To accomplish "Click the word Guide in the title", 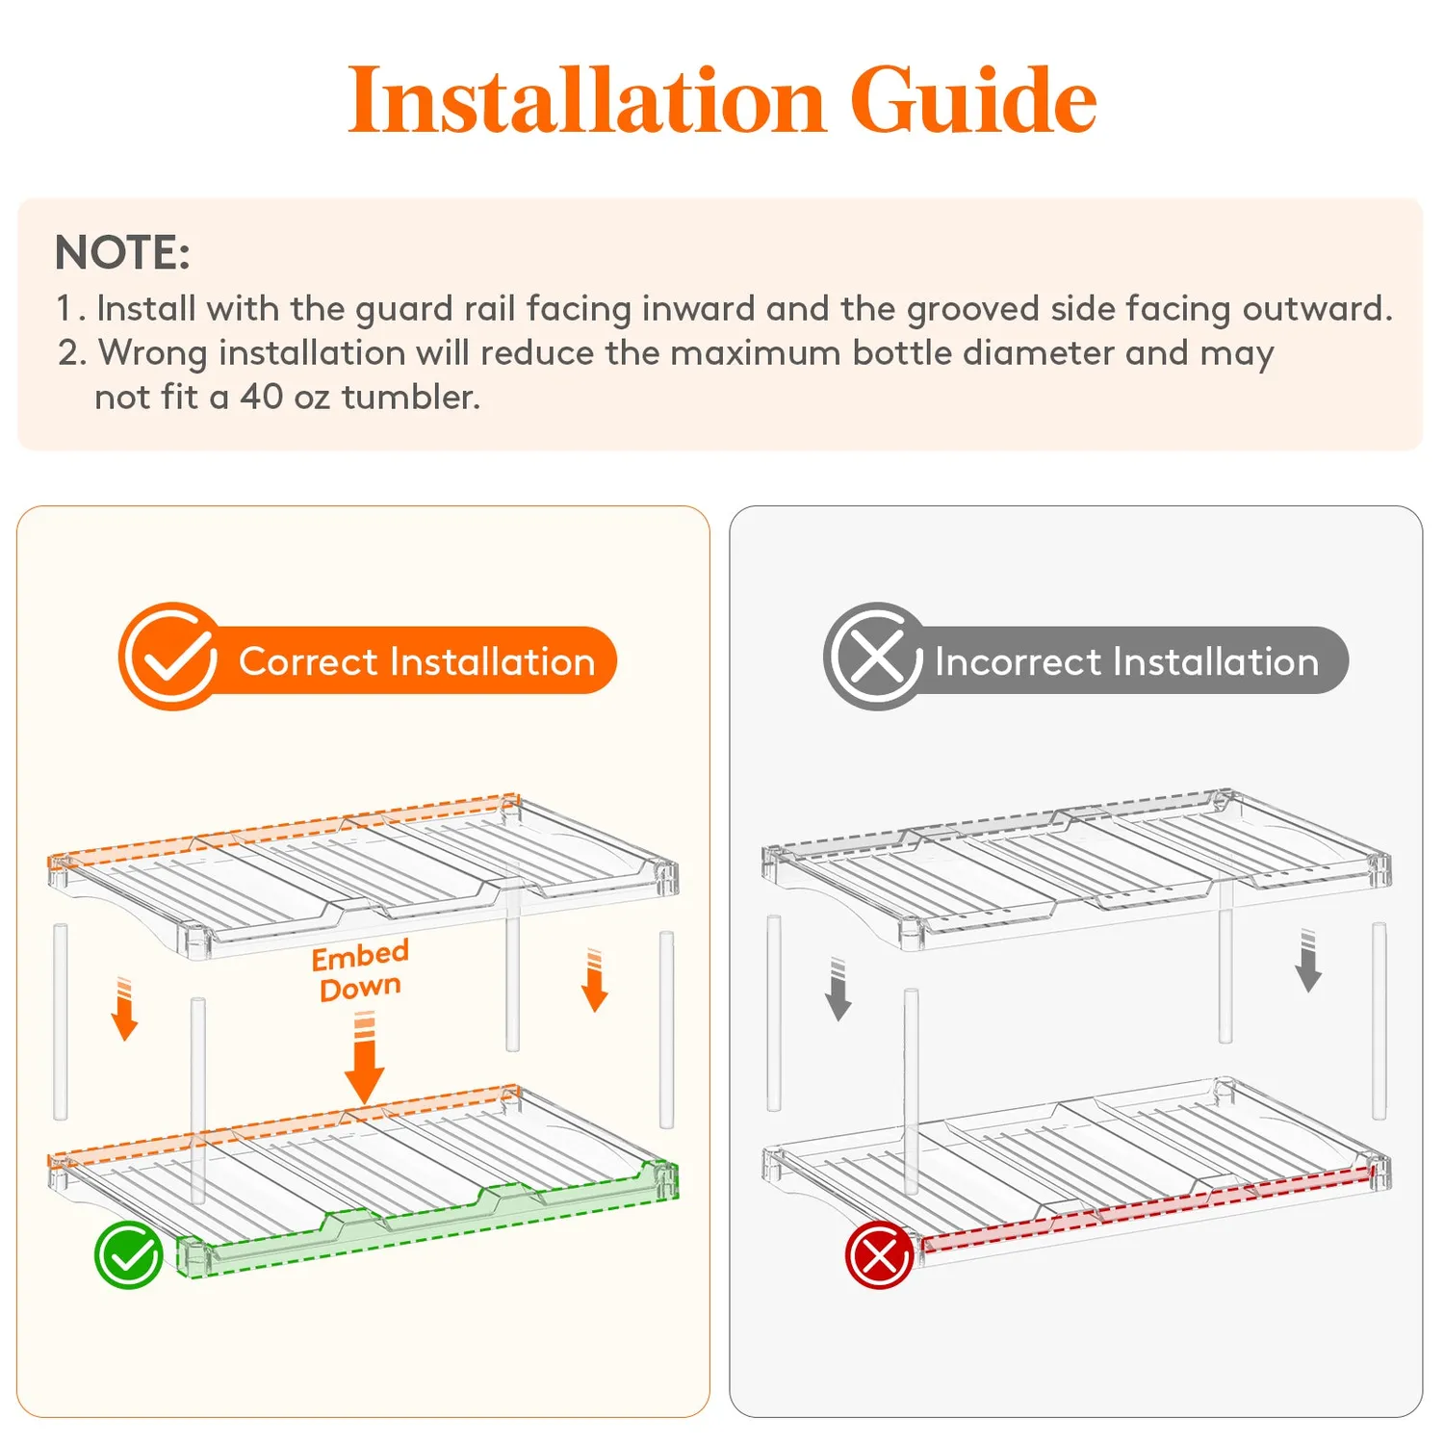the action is pyautogui.click(x=972, y=99).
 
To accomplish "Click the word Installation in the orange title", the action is pyautogui.click(x=586, y=99).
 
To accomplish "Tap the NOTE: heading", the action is pyautogui.click(x=122, y=252).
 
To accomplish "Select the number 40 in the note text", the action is pyautogui.click(x=261, y=397).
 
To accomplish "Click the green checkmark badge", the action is pyautogui.click(x=128, y=1255).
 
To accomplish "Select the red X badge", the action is pyautogui.click(x=879, y=1255).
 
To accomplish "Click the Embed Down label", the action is pyautogui.click(x=360, y=970).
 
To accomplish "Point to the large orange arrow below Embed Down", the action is pyautogui.click(x=364, y=1059).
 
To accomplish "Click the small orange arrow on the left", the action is pyautogui.click(x=124, y=1009).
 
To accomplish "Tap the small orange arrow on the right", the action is pyautogui.click(x=595, y=980).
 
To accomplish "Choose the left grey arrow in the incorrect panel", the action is pyautogui.click(x=838, y=990).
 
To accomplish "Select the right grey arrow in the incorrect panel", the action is pyautogui.click(x=1308, y=961).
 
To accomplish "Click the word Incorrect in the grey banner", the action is pyautogui.click(x=1018, y=662).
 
